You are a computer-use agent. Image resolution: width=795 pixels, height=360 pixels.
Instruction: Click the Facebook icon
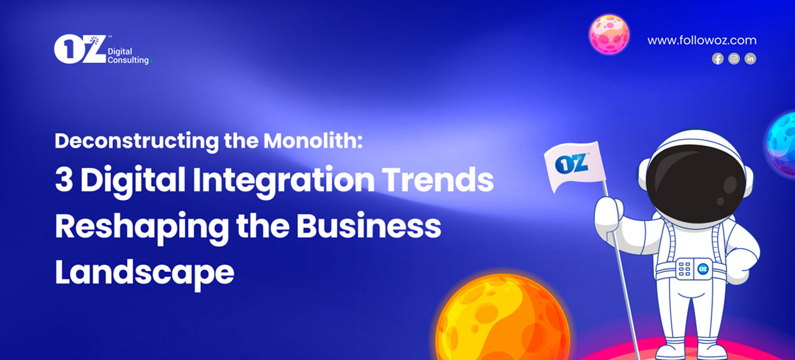point(718,59)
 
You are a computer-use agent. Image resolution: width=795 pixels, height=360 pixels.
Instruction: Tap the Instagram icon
point(734,59)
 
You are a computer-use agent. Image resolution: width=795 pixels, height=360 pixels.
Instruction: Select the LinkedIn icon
point(750,59)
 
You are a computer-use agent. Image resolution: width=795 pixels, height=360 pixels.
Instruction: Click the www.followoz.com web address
point(702,40)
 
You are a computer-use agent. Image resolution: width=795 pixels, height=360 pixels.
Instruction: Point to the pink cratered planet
point(609,34)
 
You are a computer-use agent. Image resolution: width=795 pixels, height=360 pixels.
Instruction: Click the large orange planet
point(502,318)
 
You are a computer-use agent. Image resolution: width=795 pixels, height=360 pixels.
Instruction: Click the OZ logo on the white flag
point(572,164)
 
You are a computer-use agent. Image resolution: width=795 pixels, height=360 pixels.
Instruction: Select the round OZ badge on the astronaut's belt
point(703,269)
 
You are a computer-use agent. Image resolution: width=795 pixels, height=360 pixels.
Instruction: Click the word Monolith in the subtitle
point(313,141)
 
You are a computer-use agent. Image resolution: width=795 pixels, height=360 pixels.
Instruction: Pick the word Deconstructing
point(137,141)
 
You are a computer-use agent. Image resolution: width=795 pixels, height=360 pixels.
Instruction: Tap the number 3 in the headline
point(64,179)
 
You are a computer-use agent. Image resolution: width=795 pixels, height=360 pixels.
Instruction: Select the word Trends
point(438,179)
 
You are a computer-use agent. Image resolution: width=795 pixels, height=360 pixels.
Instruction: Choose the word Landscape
point(144,273)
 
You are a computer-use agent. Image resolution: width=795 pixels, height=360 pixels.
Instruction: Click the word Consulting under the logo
point(128,60)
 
